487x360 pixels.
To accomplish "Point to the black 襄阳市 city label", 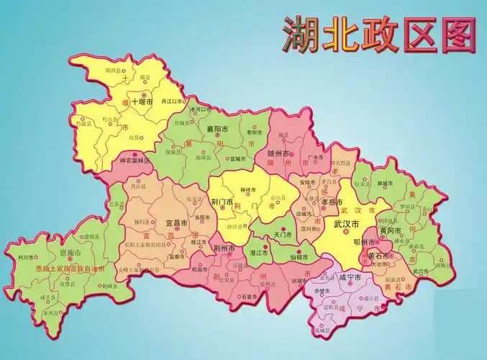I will pos(217,129).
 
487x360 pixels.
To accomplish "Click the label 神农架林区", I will pos(135,161).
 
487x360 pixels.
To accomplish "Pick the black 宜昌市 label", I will pos(176,223).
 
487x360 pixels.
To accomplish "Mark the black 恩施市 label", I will pos(70,253).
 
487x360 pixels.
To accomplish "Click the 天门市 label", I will pos(282,235).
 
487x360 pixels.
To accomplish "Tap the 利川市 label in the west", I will pos(24,256).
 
